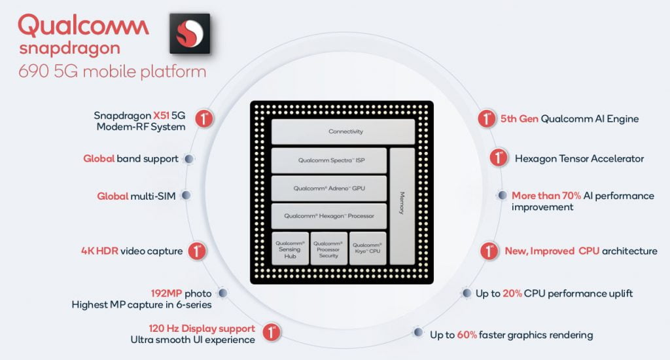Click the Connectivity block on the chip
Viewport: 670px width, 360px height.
pyautogui.click(x=343, y=132)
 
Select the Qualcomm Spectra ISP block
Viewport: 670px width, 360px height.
pyautogui.click(x=329, y=160)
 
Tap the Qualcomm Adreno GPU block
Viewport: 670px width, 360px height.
pyautogui.click(x=329, y=189)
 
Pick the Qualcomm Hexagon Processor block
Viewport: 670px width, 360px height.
pyautogui.click(x=329, y=216)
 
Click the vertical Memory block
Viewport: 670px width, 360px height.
pyautogui.click(x=402, y=206)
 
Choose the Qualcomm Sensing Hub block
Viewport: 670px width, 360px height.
pyautogui.click(x=289, y=249)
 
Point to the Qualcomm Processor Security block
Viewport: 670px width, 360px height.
pyautogui.click(x=328, y=249)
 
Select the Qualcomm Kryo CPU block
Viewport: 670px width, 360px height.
pyautogui.click(x=367, y=249)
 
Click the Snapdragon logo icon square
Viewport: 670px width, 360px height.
pyautogui.click(x=189, y=32)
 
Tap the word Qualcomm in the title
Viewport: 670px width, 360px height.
pyautogui.click(x=84, y=26)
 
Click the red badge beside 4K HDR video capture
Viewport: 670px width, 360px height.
pyautogui.click(x=197, y=251)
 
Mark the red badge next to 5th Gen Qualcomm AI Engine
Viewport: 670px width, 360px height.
pyautogui.click(x=486, y=119)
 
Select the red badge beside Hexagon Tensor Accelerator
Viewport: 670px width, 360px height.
pyautogui.click(x=499, y=158)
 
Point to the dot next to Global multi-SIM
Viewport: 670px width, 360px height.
pyautogui.click(x=186, y=196)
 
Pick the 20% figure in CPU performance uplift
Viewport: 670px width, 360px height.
pyautogui.click(x=512, y=293)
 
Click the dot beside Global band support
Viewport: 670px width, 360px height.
pyautogui.click(x=189, y=158)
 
